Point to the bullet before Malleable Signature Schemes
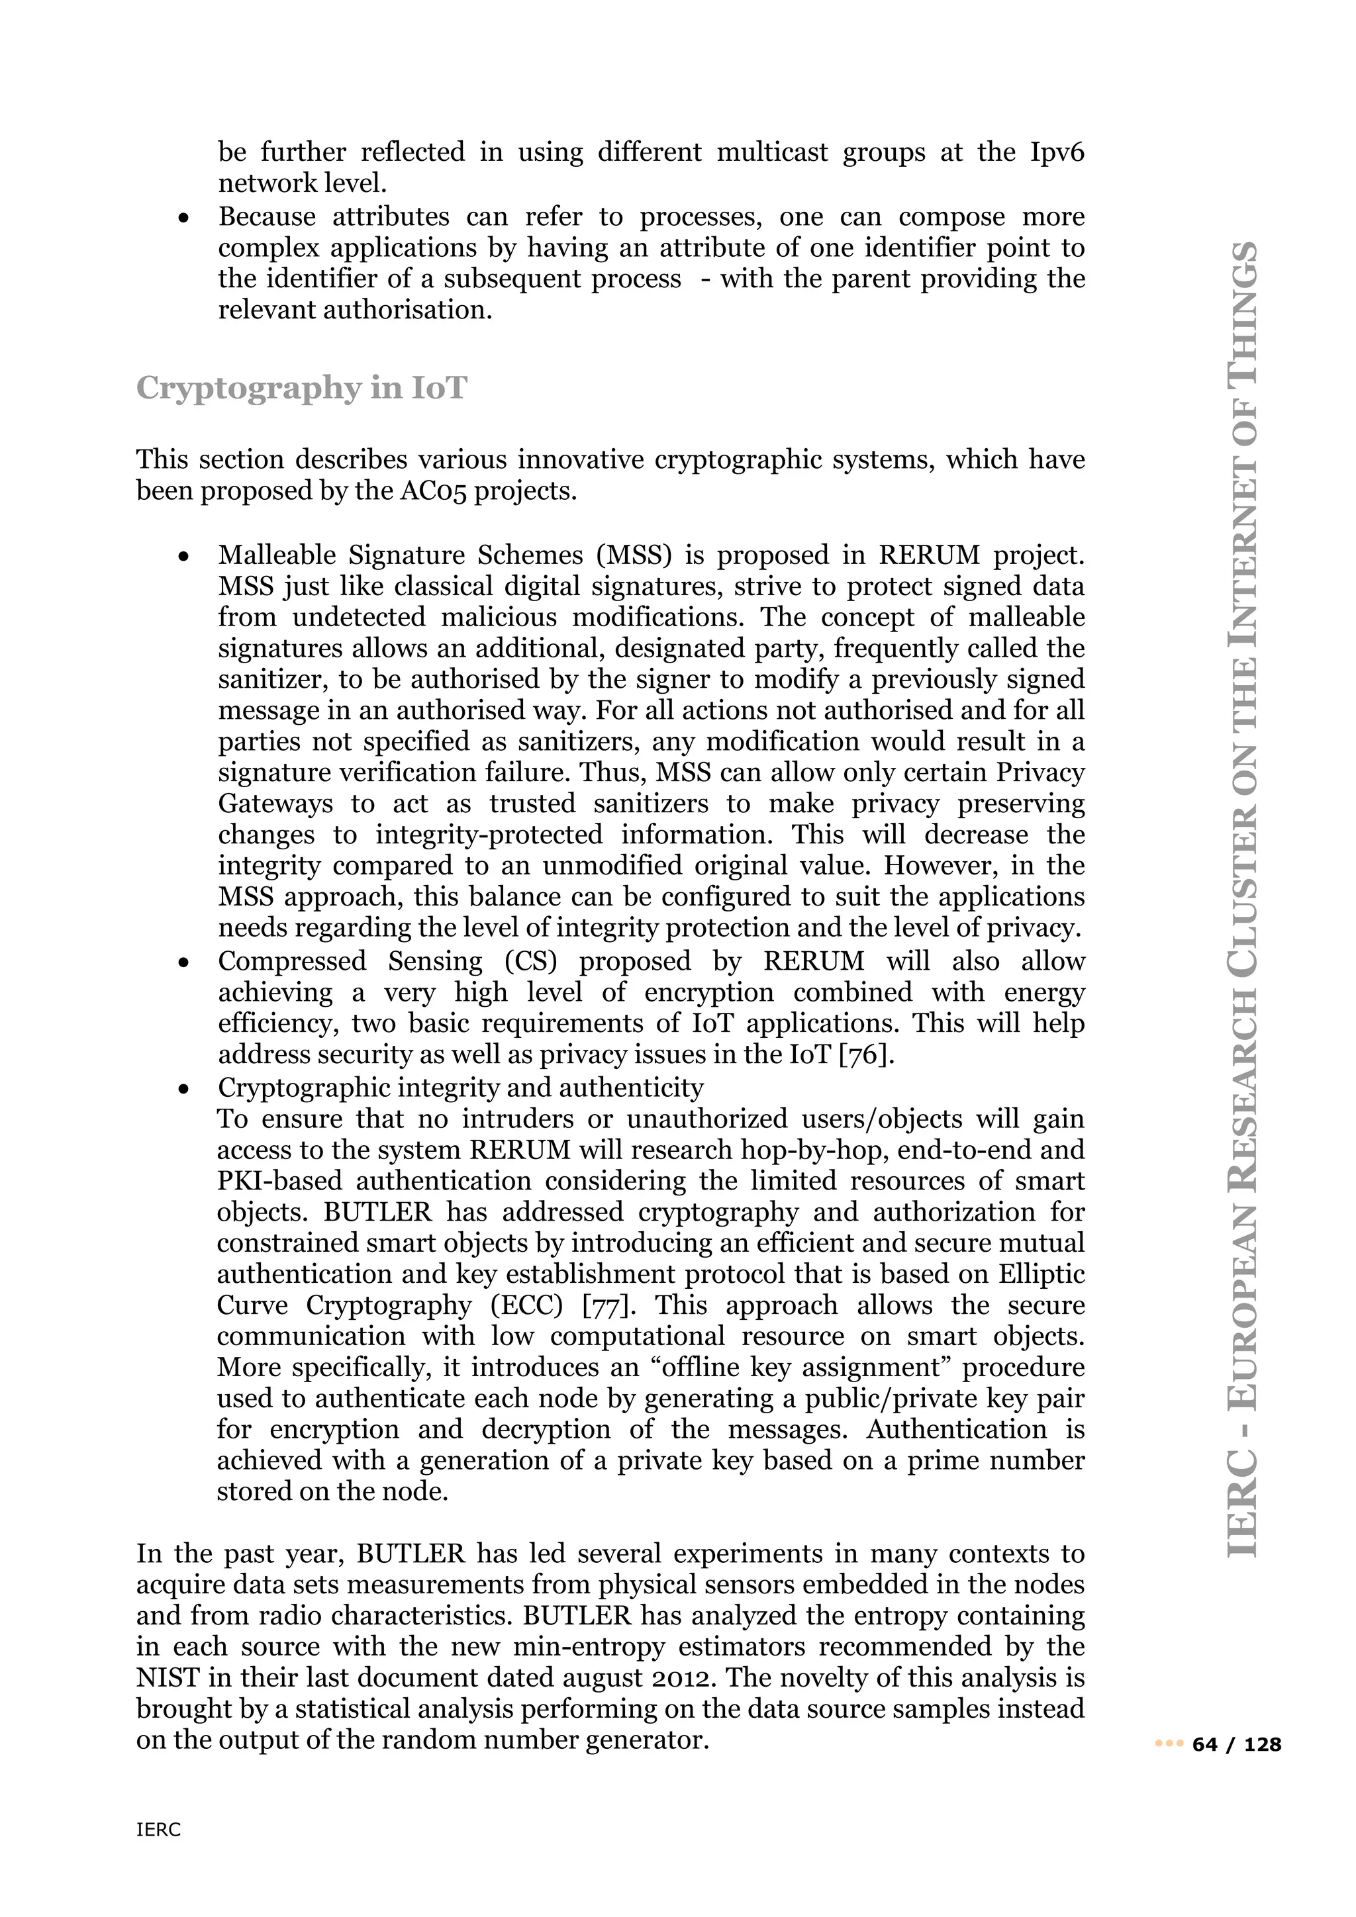(x=183, y=556)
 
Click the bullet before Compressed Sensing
(x=183, y=962)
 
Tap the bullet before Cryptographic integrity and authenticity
(x=183, y=1089)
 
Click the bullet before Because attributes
(x=183, y=218)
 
